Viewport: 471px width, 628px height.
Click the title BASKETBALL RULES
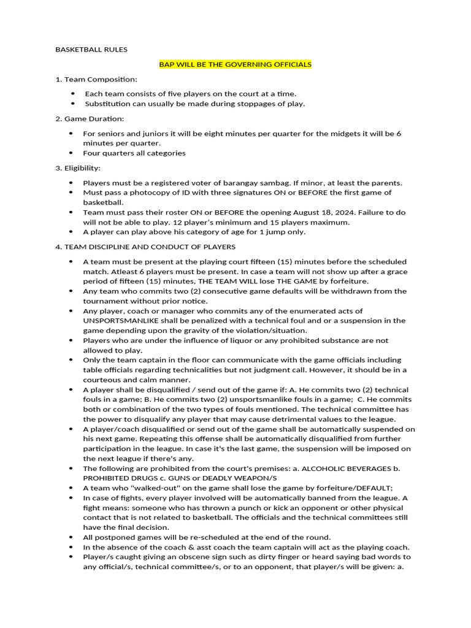pos(91,50)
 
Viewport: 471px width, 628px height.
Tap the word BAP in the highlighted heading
pos(167,64)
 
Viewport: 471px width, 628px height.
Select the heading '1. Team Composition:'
pos(96,79)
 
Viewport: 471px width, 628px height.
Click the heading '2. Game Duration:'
pos(90,118)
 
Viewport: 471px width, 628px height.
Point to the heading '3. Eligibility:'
pos(78,167)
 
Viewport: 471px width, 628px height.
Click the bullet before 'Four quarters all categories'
pos(71,153)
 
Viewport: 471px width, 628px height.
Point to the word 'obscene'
pos(188,557)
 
